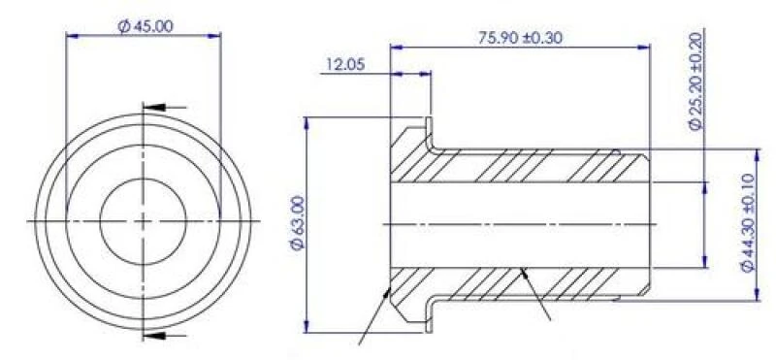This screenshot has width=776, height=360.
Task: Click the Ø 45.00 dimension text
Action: (x=145, y=26)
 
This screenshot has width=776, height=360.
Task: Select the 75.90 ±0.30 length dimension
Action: (x=520, y=38)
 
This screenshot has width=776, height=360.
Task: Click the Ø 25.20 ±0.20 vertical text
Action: (x=695, y=81)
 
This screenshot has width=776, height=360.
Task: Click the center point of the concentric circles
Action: (x=143, y=221)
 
